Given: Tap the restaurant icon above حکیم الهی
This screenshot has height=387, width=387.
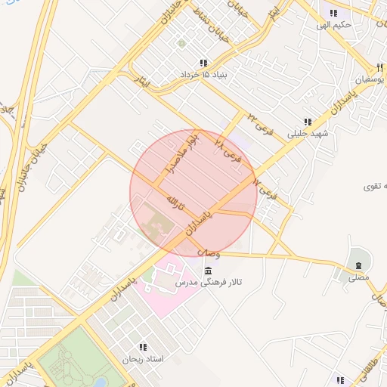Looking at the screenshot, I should [x=333, y=12].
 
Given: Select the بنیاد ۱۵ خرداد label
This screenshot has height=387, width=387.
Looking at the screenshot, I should [x=203, y=76].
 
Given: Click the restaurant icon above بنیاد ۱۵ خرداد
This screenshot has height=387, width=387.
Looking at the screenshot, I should [x=203, y=63].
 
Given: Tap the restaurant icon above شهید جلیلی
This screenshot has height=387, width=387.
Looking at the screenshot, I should [x=308, y=122].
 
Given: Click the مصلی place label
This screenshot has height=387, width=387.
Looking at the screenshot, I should [x=358, y=278].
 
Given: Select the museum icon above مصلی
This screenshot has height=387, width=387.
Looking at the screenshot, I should [x=358, y=265].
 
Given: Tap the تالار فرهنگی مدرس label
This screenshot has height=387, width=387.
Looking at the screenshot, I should [x=208, y=283].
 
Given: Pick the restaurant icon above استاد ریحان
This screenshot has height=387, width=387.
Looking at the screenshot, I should [x=142, y=347].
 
